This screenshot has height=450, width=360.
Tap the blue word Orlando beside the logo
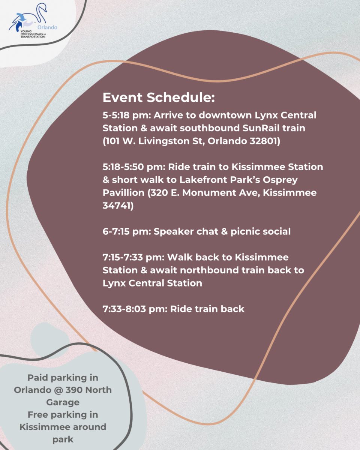[x=47, y=27]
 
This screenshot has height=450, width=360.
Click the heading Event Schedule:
[x=159, y=97]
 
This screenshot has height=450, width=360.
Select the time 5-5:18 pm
[x=127, y=115]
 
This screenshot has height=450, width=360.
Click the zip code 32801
[x=265, y=141]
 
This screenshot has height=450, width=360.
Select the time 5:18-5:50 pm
[x=134, y=167]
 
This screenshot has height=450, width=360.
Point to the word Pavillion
[x=123, y=193]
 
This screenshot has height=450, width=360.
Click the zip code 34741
[x=118, y=205]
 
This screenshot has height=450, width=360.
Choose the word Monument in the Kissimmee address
[x=209, y=193]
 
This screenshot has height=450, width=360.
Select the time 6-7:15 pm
[x=127, y=231]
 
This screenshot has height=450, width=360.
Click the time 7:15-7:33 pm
[x=133, y=257]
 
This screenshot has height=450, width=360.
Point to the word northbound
[x=209, y=270]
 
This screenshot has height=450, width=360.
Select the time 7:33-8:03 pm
[x=135, y=309]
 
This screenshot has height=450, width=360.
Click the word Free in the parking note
[x=38, y=415]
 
